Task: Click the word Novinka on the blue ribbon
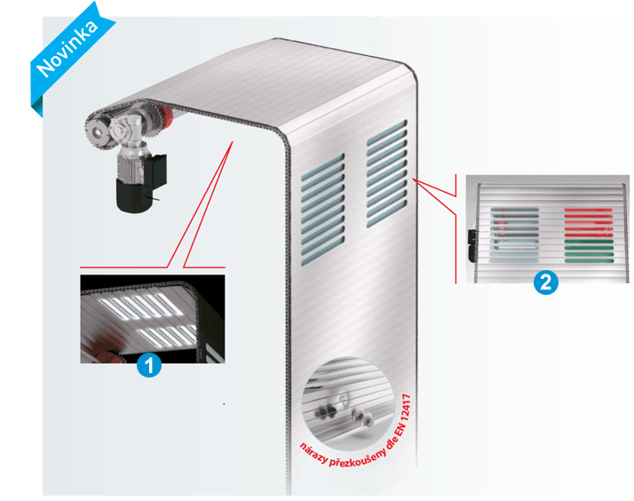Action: coord(67,48)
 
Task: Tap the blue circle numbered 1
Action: coord(149,366)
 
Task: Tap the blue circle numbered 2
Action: coord(546,282)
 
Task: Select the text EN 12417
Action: coord(403,416)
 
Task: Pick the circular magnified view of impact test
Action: coord(348,403)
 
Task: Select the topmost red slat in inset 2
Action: coord(589,211)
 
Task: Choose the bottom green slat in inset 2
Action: coord(589,261)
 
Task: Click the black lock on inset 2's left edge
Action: coord(472,244)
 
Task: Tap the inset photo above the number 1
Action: coord(153,319)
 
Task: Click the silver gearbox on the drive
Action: coord(125,131)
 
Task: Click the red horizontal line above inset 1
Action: coord(123,267)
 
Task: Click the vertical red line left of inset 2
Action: coord(456,229)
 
